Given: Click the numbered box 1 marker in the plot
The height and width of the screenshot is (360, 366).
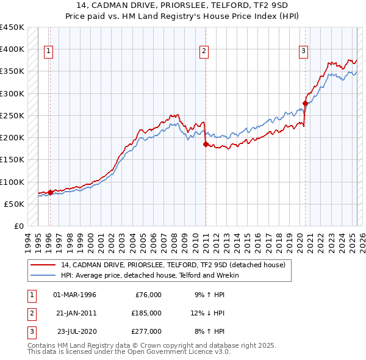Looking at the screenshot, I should click(x=48, y=51).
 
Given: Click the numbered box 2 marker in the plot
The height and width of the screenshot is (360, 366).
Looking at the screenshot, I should click(x=204, y=51).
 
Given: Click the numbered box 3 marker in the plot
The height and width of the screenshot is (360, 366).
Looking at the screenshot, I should click(x=303, y=51).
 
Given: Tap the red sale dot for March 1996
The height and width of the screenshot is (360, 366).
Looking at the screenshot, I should click(x=50, y=192).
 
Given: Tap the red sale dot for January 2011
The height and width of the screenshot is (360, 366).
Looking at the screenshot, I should click(x=206, y=144).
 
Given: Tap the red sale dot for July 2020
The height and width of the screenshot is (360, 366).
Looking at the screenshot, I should click(x=305, y=103).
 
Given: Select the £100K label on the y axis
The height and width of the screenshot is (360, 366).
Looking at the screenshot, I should click(x=12, y=182).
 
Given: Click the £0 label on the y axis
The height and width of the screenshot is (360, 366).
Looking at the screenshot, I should click(x=18, y=226).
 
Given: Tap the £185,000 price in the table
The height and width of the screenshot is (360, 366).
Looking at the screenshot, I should click(x=146, y=313).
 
